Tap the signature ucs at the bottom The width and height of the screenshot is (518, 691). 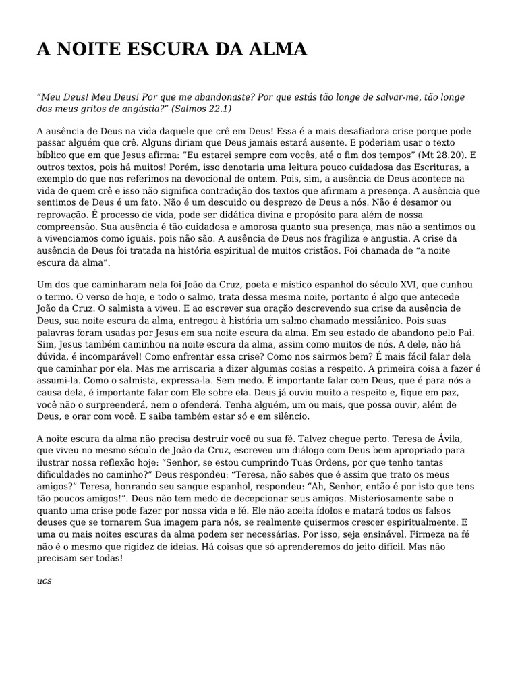click(x=43, y=580)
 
